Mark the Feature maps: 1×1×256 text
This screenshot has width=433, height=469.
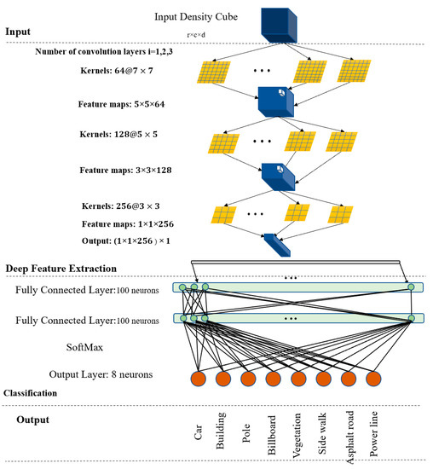pos(128,224)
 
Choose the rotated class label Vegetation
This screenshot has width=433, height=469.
pos(298,437)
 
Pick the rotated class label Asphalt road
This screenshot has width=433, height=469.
pos(348,434)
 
